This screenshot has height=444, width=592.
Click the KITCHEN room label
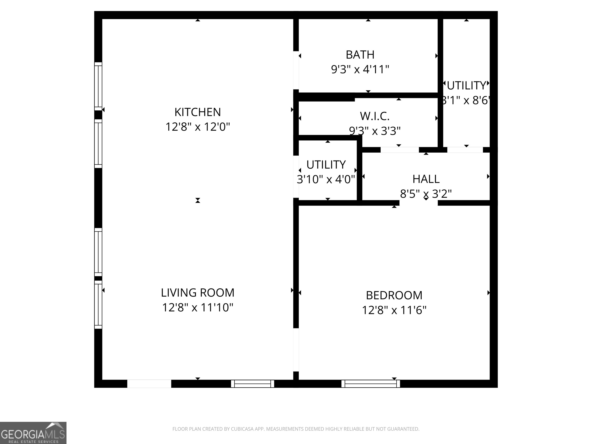198,112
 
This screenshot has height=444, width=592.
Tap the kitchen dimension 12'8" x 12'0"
198,127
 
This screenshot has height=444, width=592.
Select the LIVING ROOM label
198,293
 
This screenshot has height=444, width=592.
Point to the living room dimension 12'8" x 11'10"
198,308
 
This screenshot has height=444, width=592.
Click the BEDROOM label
394,295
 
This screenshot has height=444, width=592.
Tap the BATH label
360,55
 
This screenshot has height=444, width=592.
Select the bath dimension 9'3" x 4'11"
360,70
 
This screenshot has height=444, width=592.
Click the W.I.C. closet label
374,116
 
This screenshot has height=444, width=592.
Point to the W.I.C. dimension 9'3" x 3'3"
374,131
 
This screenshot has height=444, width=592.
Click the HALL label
426,179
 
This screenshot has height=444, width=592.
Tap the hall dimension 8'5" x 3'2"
426,194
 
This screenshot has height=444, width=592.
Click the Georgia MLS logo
33,433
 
